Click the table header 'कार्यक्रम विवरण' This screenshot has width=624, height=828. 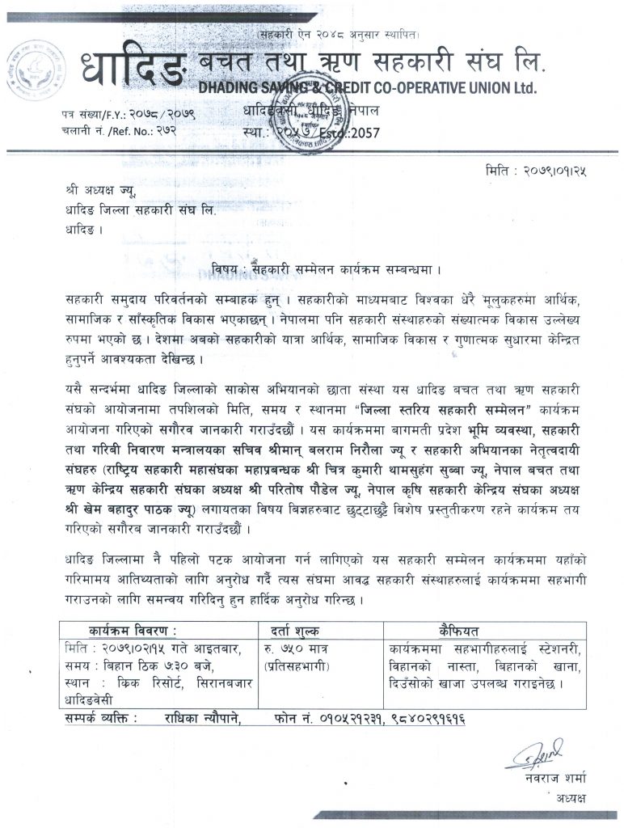pyautogui.click(x=133, y=632)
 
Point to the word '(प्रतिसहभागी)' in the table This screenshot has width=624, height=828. pyautogui.click(x=300, y=667)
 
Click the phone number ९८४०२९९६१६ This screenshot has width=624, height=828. pyautogui.click(x=421, y=718)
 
